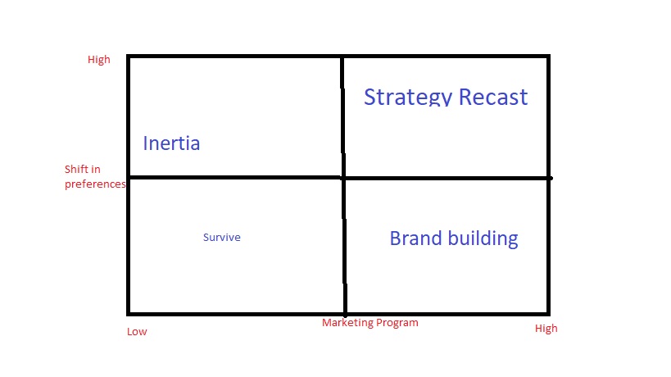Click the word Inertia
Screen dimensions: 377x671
pos(171,143)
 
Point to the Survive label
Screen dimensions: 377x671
pos(222,238)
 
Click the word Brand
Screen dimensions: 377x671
pos(416,238)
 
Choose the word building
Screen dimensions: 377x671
pos(484,239)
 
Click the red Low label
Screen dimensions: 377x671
pos(137,332)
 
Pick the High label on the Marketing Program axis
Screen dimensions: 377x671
pos(546,329)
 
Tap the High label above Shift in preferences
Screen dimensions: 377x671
pos(98,60)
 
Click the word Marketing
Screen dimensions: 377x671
pos(348,323)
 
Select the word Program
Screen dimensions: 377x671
pos(397,323)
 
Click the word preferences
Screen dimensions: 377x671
pos(95,184)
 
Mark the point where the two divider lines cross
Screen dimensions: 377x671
pos(343,177)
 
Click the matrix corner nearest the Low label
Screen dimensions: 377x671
pos(129,313)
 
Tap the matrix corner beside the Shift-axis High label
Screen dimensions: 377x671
pos(129,57)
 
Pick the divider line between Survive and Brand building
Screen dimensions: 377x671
pos(344,246)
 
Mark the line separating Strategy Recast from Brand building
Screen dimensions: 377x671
pos(447,178)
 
